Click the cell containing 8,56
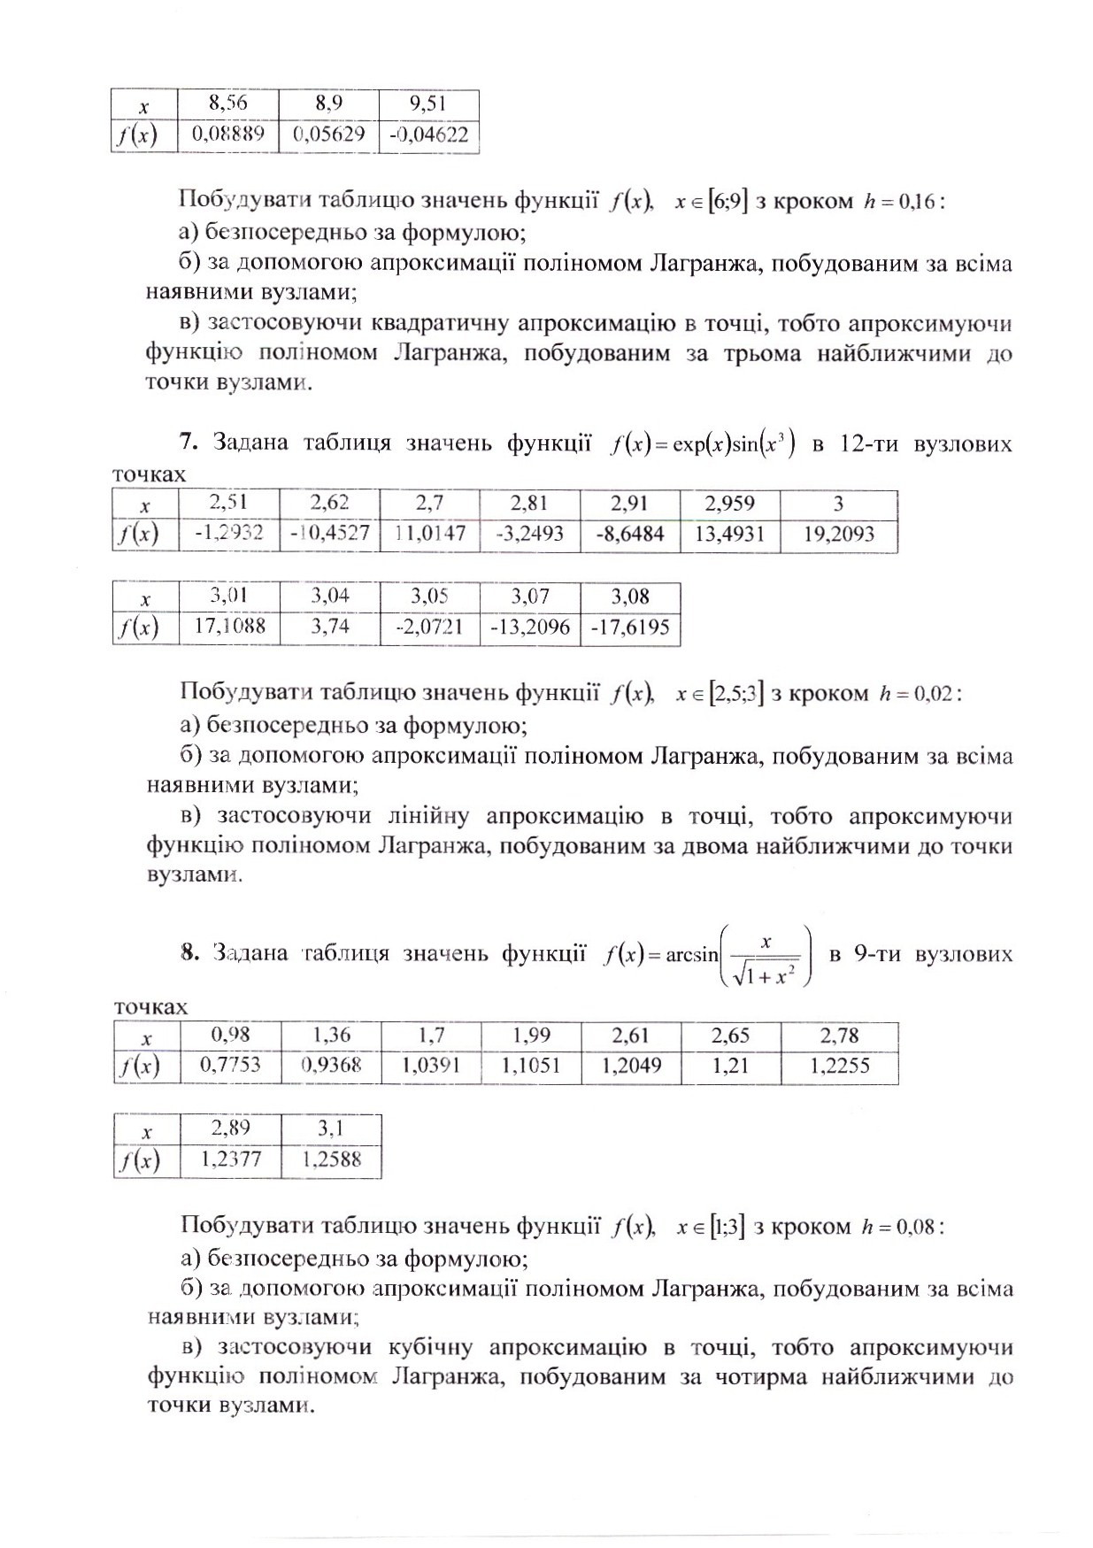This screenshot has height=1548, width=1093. [x=227, y=104]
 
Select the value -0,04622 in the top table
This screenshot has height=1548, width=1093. [x=428, y=136]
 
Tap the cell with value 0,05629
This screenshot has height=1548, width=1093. [x=327, y=136]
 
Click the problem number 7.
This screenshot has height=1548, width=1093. [x=186, y=442]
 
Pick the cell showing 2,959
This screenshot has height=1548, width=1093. [x=730, y=504]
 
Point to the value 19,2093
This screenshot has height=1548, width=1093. [x=838, y=535]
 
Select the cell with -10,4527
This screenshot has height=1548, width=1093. [x=329, y=535]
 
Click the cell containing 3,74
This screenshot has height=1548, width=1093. [x=329, y=627]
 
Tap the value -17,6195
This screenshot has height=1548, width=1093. [x=629, y=628]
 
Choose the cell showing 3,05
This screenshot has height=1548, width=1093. [x=429, y=597]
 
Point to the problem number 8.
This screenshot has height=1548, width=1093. [x=187, y=952]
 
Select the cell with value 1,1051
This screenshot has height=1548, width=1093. [x=531, y=1066]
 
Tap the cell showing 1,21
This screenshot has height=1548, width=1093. [x=730, y=1066]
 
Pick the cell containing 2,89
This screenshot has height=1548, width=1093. [x=230, y=1128]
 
